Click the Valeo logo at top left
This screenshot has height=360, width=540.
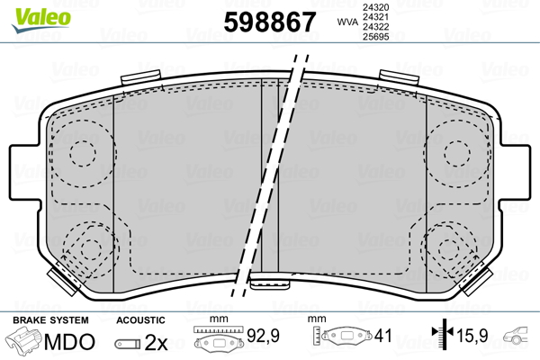(x=31, y=13)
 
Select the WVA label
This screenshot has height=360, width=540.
(x=346, y=21)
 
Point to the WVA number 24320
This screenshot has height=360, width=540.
(x=375, y=7)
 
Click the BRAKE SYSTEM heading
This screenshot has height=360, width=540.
(x=49, y=320)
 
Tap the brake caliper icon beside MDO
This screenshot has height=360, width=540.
(x=24, y=343)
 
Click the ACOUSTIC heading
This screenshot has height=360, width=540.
(x=140, y=320)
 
